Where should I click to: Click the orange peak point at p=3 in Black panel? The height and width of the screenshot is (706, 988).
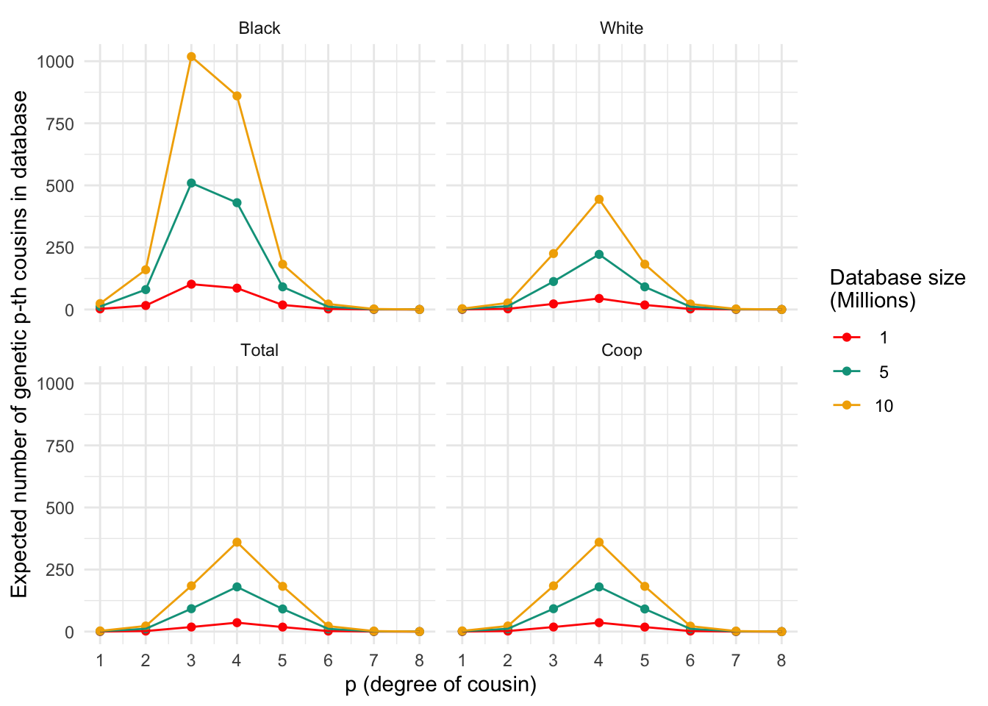coord(191,57)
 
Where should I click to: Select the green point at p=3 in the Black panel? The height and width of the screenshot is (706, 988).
coord(191,183)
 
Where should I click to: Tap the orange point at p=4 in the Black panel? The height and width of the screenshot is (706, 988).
coord(237,96)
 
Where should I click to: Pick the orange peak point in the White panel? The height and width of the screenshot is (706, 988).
coord(599,199)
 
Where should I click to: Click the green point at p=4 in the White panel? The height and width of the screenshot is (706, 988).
coord(599,254)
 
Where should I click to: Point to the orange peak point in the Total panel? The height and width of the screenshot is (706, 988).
coord(237,542)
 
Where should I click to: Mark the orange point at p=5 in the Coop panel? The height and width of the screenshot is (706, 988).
coord(645,586)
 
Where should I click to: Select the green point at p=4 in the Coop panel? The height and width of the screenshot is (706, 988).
coord(599,587)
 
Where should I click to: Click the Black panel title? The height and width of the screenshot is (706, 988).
coord(259,29)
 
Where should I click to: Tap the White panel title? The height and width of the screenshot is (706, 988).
coord(621,29)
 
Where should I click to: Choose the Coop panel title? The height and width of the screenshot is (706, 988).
coord(621,351)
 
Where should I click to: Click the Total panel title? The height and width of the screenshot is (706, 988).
coord(259,351)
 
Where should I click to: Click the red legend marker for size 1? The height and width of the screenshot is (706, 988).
coord(846,338)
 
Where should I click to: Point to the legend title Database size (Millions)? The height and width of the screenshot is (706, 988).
coord(897,288)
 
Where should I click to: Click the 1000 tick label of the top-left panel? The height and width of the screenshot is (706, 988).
coord(56,62)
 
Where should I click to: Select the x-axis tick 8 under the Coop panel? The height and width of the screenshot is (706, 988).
coord(781,660)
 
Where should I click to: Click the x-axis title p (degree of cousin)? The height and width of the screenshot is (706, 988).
coord(441,685)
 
